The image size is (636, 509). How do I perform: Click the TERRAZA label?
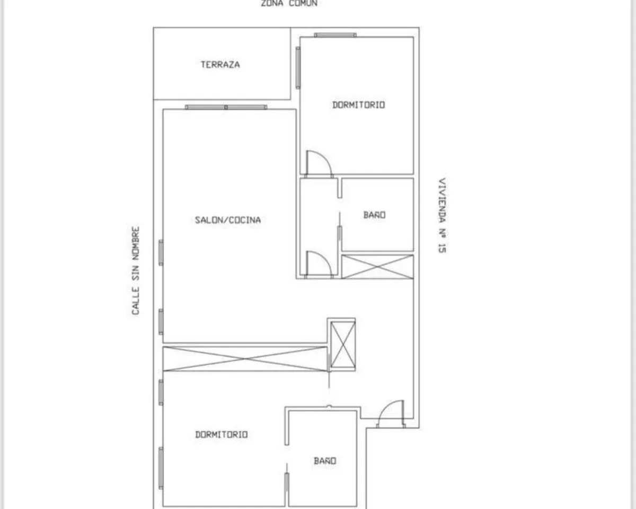pos(220,65)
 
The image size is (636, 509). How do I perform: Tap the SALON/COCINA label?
pos(228,220)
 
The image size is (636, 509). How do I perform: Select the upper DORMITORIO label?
pos(358,105)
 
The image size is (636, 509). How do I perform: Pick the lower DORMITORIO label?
pos(222,434)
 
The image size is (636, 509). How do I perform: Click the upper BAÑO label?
pos(375,215)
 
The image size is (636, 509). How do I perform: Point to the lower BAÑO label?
pos(325,461)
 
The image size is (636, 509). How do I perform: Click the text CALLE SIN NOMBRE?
pos(135,270)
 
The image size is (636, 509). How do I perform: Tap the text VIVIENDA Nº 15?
pos(442,215)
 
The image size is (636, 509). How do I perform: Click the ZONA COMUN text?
pos(289,3)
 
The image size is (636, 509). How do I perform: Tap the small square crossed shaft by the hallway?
pos(342,345)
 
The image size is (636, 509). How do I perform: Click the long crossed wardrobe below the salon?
pos(245,358)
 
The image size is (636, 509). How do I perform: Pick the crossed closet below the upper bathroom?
pos(377,267)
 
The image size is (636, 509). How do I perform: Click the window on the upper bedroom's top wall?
pos(335,35)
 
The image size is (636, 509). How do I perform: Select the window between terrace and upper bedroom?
pos(298,68)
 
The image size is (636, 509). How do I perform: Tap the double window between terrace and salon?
pos(226,107)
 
